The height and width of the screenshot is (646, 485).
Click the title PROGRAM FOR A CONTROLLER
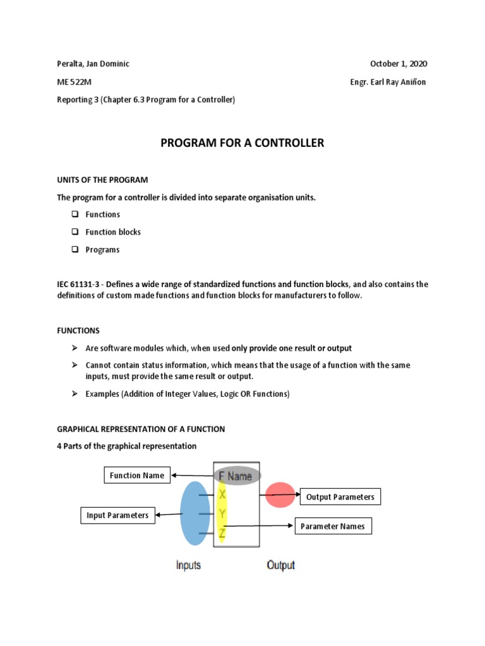tap(242, 143)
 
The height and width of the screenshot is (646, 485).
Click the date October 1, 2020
tap(398, 64)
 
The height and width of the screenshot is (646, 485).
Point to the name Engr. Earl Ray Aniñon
tap(388, 82)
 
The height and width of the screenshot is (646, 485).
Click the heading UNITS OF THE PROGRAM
tap(102, 180)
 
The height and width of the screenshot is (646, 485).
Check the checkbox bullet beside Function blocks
tap(74, 232)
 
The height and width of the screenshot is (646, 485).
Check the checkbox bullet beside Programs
tap(74, 250)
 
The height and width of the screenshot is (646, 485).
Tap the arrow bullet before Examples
tap(74, 394)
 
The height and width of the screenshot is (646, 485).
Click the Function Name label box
tap(137, 476)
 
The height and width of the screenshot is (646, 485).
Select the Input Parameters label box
tap(117, 515)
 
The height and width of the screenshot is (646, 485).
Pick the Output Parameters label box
tap(340, 497)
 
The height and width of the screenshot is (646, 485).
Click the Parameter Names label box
tap(333, 526)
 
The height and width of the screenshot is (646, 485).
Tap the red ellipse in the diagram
tap(280, 495)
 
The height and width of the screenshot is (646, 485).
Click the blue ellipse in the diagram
tap(195, 513)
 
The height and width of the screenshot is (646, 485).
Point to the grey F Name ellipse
tap(236, 476)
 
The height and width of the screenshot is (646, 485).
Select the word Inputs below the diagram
tap(188, 565)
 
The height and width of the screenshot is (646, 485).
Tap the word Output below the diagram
tap(280, 565)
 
